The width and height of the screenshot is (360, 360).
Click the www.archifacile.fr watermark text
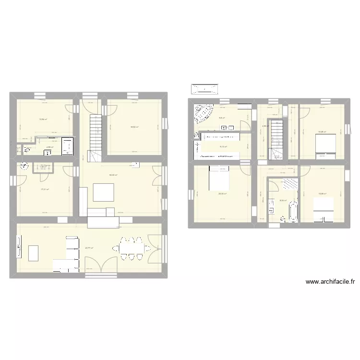[x=330, y=282]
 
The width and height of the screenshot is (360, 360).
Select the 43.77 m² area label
[x=89, y=248]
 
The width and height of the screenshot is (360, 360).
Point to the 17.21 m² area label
[x=44, y=189]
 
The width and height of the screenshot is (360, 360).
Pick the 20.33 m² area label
[x=222, y=194]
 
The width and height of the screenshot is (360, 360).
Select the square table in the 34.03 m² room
[x=103, y=192]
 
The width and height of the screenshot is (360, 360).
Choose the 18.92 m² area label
[x=134, y=127]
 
